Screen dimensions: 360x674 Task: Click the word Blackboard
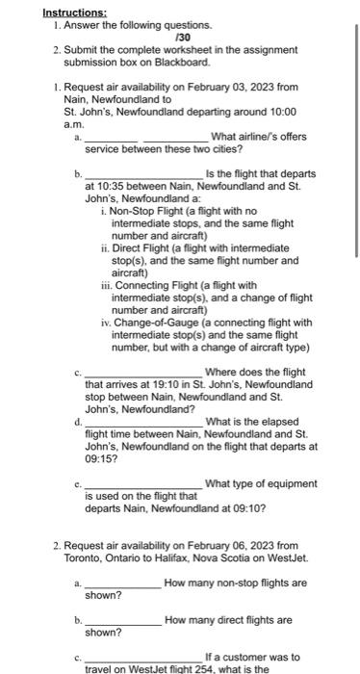click(x=180, y=61)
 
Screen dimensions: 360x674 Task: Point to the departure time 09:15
click(x=101, y=459)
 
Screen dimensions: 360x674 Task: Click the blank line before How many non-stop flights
click(x=123, y=583)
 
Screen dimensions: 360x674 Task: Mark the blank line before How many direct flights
click(x=123, y=621)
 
